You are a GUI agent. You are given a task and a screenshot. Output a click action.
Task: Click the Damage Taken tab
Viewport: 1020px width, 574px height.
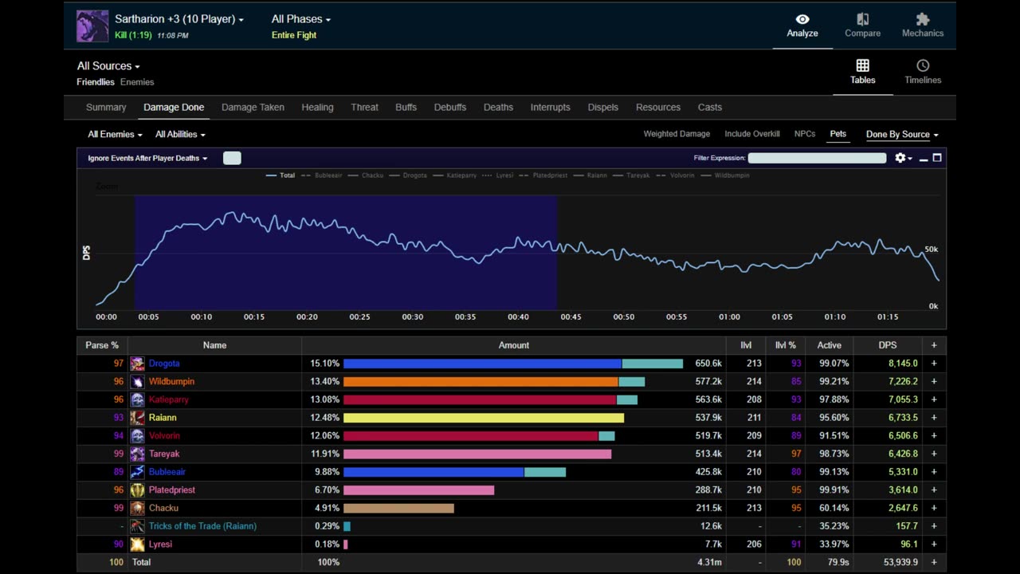[253, 107]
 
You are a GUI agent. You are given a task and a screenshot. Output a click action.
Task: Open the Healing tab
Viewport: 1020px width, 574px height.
[317, 107]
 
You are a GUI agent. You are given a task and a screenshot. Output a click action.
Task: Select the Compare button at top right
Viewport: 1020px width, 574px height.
[862, 25]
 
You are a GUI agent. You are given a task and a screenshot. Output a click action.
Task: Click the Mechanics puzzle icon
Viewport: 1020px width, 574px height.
[923, 19]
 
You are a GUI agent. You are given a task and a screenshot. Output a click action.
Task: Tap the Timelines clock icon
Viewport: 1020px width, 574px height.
[923, 65]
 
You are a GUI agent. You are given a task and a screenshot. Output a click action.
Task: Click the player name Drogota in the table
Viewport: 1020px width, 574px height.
[164, 364]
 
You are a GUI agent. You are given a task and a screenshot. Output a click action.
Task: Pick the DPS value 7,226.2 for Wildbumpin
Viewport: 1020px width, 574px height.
[903, 381]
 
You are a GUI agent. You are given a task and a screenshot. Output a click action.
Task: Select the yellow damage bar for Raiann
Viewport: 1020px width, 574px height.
[484, 418]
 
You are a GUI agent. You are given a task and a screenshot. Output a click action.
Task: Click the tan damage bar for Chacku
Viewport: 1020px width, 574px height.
[398, 508]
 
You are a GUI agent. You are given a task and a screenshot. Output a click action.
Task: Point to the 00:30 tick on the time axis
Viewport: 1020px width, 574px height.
[413, 317]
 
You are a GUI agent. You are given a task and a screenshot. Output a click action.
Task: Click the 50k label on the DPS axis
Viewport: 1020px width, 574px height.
[932, 250]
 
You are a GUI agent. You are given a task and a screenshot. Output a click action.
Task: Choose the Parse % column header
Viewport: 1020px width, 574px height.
[102, 345]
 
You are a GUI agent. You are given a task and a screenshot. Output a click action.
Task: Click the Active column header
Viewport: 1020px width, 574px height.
[829, 345]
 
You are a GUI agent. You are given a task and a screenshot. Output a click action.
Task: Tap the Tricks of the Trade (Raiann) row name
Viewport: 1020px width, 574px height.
[202, 526]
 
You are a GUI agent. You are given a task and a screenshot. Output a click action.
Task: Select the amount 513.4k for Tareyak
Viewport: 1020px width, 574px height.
[708, 454]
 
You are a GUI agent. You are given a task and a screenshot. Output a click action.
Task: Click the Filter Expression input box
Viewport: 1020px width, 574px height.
[817, 158]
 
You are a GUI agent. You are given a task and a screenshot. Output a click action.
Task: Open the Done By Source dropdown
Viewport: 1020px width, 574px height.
[902, 135]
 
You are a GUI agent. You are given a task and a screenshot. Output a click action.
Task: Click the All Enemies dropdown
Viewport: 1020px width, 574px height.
[115, 135]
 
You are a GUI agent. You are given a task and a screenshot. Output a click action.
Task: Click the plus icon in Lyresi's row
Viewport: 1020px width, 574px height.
[934, 544]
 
